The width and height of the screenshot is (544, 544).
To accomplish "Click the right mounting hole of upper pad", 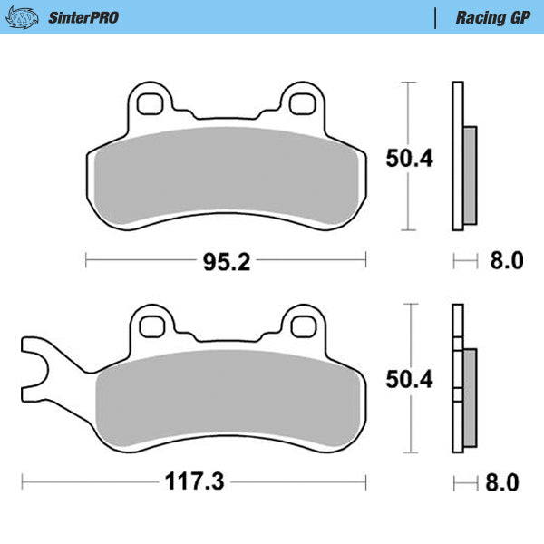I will pos(301,102).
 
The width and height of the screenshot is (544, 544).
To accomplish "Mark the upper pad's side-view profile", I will pos(462,158).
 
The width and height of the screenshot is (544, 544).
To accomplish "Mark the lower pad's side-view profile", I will pos(462,381).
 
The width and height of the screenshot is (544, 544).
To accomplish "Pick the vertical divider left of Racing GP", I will pos(437,17).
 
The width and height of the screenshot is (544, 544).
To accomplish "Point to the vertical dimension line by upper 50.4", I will pos(410,158).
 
